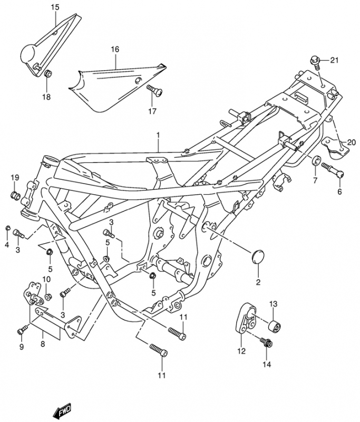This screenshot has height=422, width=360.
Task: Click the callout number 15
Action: tap(55, 7)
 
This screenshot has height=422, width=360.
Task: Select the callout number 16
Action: tap(115, 49)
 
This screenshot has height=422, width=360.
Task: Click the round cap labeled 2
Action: tap(258, 260)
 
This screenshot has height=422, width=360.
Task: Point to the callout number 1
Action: tap(157, 136)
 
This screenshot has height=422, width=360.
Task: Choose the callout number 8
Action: tap(43, 343)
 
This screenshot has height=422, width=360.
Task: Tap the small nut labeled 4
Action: tap(8, 228)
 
